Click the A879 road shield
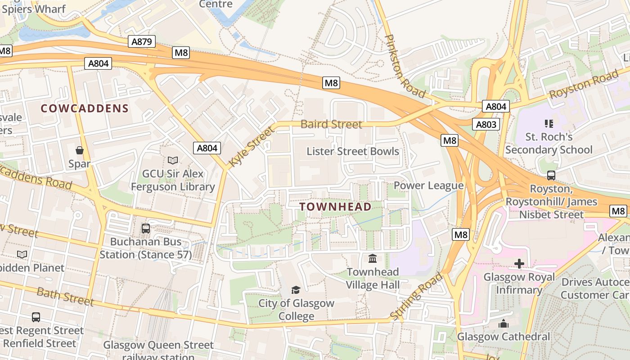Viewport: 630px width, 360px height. coord(142,42)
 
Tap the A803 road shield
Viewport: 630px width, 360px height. coord(486,124)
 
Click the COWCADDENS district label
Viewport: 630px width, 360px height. coord(85,108)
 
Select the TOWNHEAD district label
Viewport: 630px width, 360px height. coord(335,207)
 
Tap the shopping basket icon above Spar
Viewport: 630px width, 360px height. coord(80,150)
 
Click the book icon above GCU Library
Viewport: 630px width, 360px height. coord(173,160)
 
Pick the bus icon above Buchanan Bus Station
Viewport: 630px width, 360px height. coord(146,228)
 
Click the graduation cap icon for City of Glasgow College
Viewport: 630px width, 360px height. coord(296,290)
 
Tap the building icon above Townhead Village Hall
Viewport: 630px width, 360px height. coord(373,258)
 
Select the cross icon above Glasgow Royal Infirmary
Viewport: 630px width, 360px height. coord(519,263)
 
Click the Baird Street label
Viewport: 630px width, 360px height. coord(331,124)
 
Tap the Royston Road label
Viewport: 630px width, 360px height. coord(584,85)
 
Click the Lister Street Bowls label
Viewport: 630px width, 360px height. coord(353,151)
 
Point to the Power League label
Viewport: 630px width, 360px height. coord(428,185)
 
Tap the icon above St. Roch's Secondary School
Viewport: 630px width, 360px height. coord(549,123)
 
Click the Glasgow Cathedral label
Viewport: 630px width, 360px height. coord(504,337)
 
